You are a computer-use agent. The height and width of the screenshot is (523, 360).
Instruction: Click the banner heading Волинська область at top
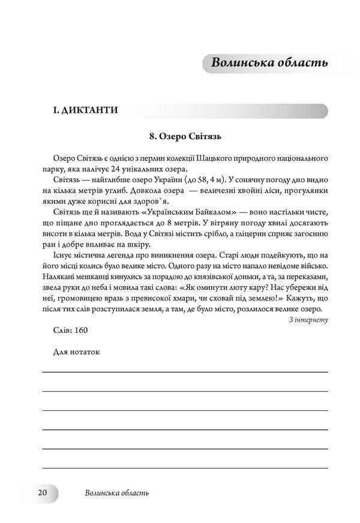pyautogui.click(x=268, y=62)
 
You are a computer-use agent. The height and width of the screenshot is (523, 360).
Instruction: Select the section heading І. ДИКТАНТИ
pyautogui.click(x=85, y=110)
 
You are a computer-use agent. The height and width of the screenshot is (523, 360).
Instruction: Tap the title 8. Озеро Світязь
pyautogui.click(x=185, y=136)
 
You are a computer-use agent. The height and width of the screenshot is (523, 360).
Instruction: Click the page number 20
pyautogui.click(x=42, y=492)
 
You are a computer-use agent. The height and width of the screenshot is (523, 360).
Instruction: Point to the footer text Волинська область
pyautogui.click(x=117, y=493)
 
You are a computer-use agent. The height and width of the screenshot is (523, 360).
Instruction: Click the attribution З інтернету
pyautogui.click(x=308, y=320)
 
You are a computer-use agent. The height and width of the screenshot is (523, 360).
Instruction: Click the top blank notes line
pyautogui.click(x=185, y=372)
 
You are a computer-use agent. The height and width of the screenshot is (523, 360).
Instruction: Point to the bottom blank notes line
pyautogui.click(x=185, y=467)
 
